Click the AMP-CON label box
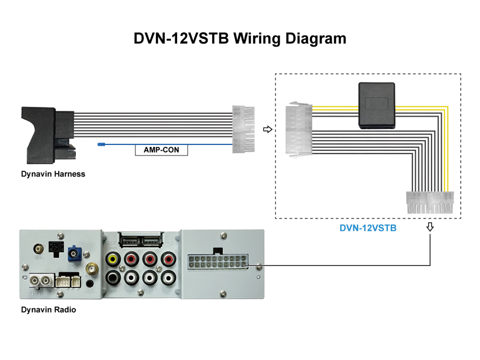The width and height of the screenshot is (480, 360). (161, 150)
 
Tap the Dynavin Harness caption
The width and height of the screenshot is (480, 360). (53, 174)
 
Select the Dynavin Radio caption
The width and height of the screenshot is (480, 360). (48, 309)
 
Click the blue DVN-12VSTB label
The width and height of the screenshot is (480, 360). (368, 229)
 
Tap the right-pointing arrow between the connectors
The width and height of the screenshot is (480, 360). (267, 129)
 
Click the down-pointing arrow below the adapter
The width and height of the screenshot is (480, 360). (429, 227)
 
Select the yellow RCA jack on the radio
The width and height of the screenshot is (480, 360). (113, 258)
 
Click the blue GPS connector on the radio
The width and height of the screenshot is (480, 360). (75, 255)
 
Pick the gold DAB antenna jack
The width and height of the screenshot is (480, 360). (39, 248)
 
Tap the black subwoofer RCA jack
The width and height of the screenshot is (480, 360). (113, 278)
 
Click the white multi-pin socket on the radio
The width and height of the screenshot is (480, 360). (217, 261)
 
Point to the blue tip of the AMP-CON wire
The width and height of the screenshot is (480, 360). (101, 145)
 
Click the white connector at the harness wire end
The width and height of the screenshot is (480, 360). (244, 129)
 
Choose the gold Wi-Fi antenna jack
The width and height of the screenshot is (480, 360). (92, 269)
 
